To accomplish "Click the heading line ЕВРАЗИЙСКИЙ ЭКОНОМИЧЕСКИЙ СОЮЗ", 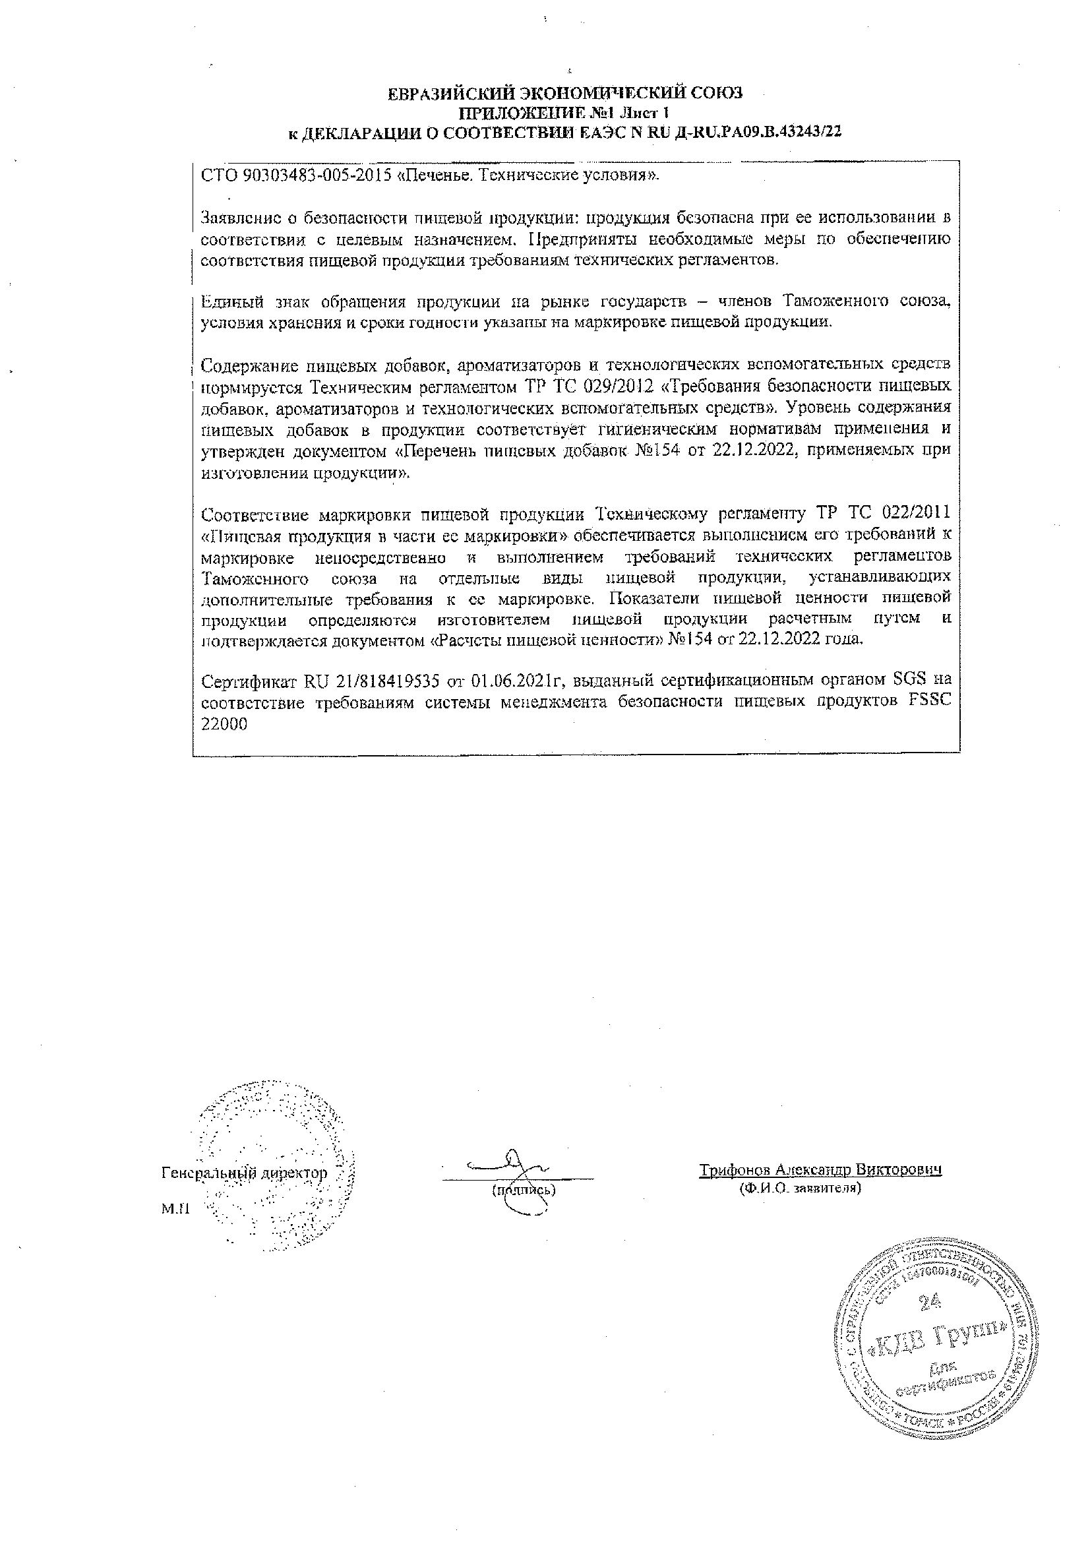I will (x=566, y=94).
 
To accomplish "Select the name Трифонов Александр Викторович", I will (x=820, y=1169).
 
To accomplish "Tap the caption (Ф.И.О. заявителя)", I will (x=800, y=1188).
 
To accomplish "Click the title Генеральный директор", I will (x=245, y=1173).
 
